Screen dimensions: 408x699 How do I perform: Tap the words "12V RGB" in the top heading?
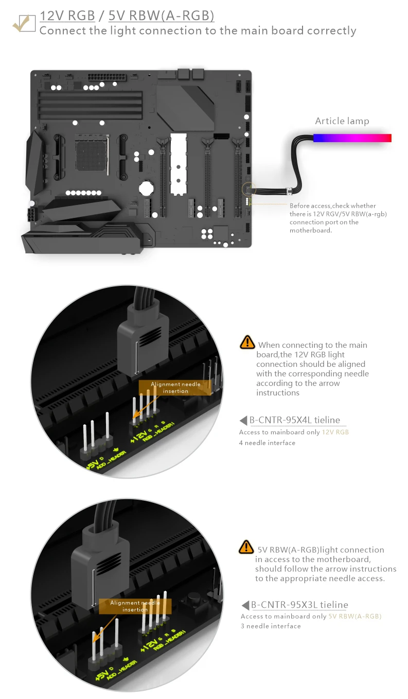(x=67, y=16)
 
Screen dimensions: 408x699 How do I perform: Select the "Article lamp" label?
(x=342, y=121)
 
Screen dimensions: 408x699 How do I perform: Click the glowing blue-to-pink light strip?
(x=352, y=138)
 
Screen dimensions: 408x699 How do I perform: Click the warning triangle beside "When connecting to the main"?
(x=247, y=342)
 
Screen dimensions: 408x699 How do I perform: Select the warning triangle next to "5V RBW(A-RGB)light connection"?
(x=246, y=547)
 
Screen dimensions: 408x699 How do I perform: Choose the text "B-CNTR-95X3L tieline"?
(x=299, y=605)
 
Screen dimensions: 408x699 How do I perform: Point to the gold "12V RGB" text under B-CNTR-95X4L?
(x=335, y=432)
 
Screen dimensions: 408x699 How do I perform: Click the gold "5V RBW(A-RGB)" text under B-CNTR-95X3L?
(x=354, y=616)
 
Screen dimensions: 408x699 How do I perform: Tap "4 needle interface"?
(x=267, y=442)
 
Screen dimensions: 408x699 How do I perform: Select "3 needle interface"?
(x=271, y=626)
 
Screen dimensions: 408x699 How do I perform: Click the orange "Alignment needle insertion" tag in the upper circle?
(x=176, y=387)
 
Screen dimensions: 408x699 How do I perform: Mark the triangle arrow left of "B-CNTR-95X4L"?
(x=243, y=420)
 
